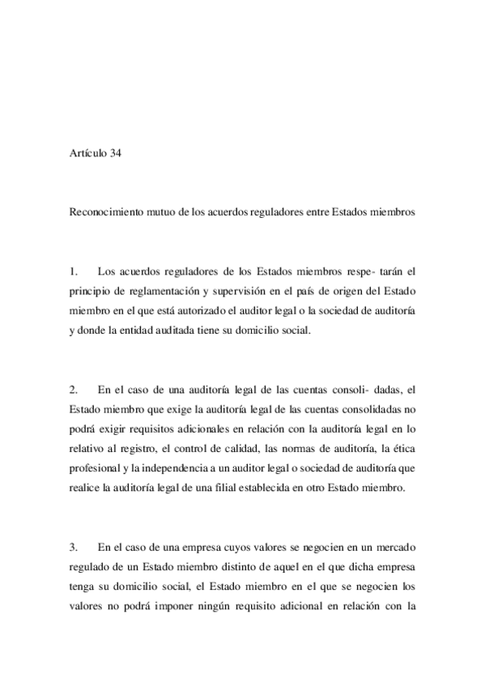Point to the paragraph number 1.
[74, 271]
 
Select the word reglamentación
[160, 290]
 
